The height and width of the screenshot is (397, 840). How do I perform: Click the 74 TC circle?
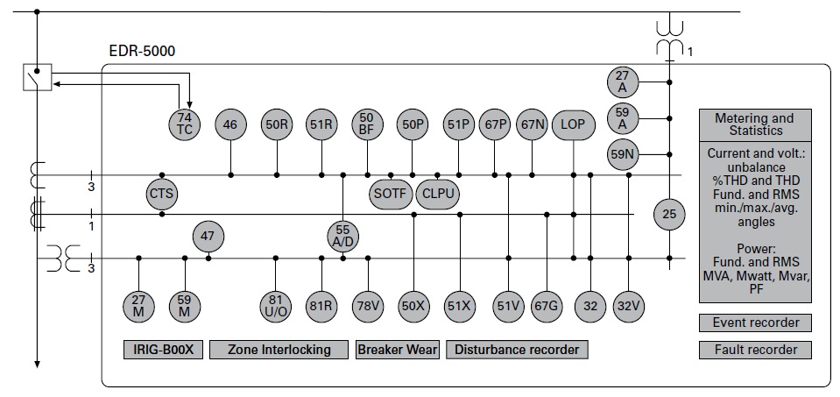[x=185, y=124]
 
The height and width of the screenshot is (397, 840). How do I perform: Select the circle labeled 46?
[x=230, y=124]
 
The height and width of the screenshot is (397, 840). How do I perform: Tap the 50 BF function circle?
[x=367, y=124]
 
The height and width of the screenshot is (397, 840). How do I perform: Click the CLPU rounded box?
[x=439, y=193]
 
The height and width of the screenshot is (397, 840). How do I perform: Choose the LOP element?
[x=572, y=124]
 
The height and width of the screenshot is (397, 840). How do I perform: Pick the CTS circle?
[x=162, y=193]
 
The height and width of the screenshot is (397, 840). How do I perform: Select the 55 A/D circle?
[x=342, y=236]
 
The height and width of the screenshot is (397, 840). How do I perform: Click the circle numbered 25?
[x=671, y=213]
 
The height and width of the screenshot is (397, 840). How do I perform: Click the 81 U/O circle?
[x=276, y=306]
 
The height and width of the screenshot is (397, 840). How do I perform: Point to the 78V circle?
[x=367, y=306]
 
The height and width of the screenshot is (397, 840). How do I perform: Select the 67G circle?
[x=546, y=306]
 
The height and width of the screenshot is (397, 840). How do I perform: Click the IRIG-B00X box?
[x=163, y=350]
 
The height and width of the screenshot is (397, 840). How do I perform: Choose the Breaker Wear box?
[x=398, y=350]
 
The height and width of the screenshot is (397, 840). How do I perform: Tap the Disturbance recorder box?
[x=517, y=350]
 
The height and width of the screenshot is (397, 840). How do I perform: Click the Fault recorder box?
[x=755, y=350]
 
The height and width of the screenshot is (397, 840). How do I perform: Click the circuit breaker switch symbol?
[x=38, y=78]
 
